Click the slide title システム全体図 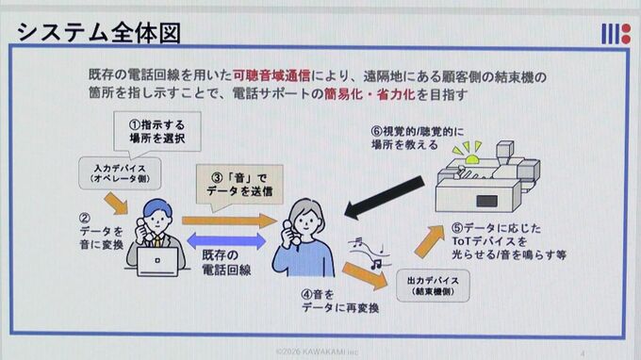click(99, 33)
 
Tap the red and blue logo click(616, 34)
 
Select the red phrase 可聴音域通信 click(271, 75)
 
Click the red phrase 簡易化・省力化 click(370, 94)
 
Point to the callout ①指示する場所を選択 click(157, 132)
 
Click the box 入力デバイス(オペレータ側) click(120, 173)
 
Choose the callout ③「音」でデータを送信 click(239, 185)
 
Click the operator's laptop click(157, 262)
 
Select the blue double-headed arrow click(226, 241)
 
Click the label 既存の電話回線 click(226, 262)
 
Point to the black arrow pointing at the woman click(385, 197)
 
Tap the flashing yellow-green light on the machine click(469, 154)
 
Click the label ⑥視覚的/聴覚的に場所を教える click(418, 139)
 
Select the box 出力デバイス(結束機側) click(433, 286)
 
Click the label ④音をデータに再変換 click(340, 302)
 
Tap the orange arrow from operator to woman click(230, 221)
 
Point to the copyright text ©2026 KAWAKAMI click(317, 352)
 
